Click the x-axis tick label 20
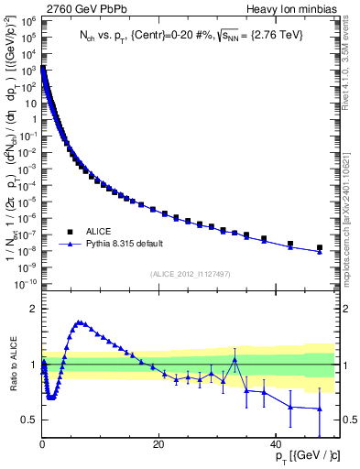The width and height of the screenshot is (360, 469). [x=158, y=444]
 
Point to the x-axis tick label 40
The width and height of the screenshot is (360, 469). [x=275, y=444]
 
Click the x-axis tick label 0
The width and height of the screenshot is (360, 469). [x=42, y=444]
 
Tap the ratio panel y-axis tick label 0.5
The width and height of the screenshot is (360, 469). [x=27, y=420]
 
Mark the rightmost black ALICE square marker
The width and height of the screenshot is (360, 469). [x=320, y=247]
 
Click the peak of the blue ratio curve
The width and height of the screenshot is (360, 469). [x=80, y=322]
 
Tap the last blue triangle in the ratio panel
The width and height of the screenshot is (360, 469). [x=320, y=409]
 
